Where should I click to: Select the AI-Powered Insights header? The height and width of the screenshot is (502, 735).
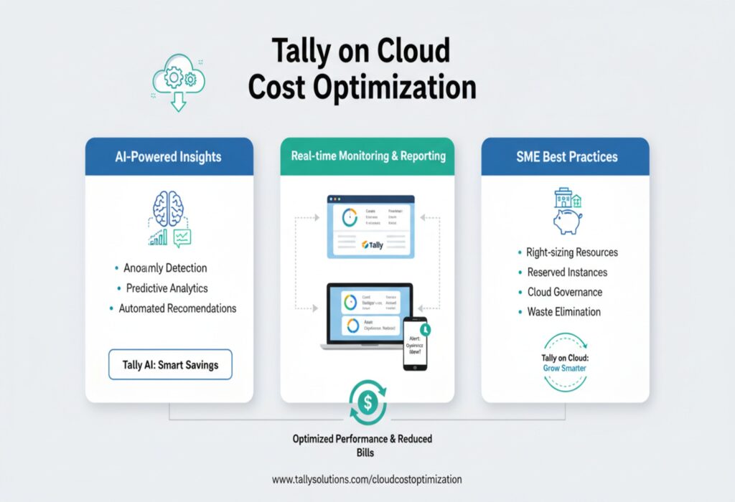(169, 157)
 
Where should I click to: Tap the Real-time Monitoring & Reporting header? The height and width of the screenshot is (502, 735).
(368, 156)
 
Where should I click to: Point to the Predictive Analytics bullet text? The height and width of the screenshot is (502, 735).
(167, 288)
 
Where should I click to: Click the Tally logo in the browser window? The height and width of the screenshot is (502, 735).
(374, 245)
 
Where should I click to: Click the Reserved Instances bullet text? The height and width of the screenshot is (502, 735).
(567, 273)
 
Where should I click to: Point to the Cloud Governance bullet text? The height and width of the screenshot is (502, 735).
(565, 293)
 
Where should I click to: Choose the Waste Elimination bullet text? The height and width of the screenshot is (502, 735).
(564, 312)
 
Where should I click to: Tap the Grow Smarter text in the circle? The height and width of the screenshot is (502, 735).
(566, 369)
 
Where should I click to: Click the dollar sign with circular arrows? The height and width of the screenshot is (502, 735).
(367, 403)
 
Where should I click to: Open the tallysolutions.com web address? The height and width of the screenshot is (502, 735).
(367, 479)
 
